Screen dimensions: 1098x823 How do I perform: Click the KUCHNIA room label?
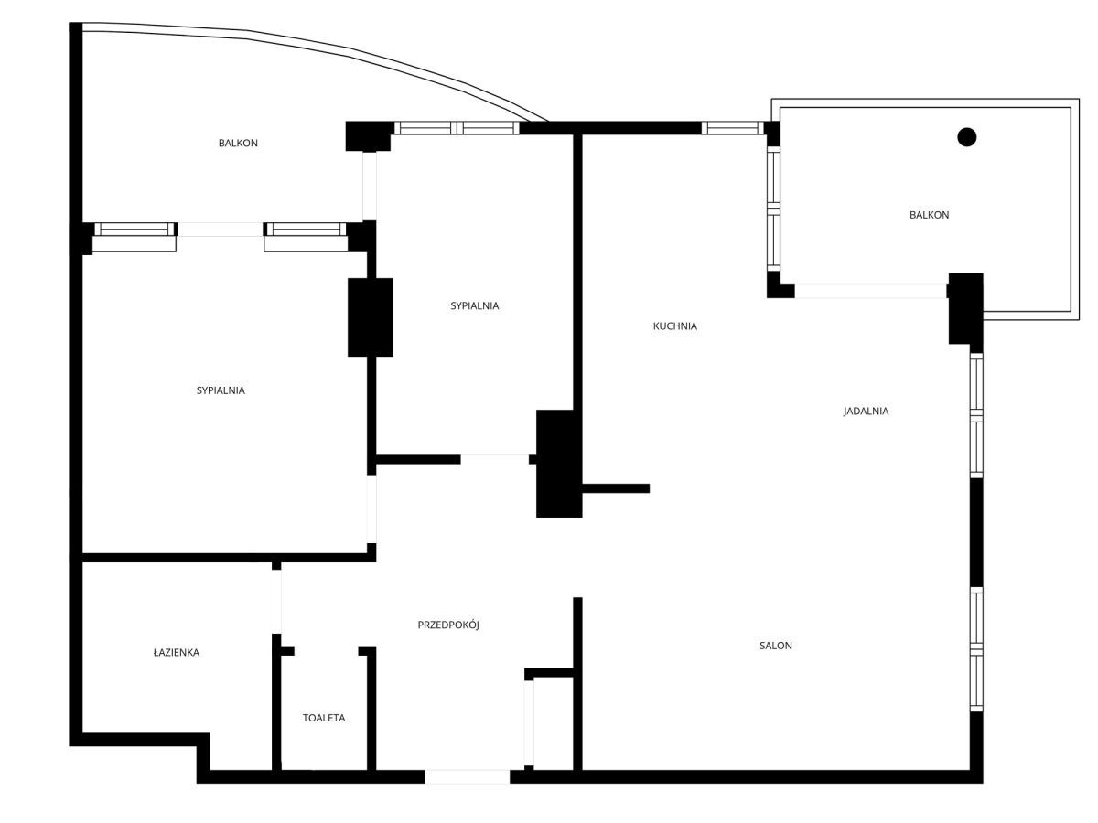674,326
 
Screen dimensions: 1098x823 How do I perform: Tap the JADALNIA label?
866,411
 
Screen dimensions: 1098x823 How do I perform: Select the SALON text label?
775,646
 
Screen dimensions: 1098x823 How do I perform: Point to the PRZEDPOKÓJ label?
448,625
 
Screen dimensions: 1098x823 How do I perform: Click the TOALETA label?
324,718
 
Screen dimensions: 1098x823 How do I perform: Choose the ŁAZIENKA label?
176,652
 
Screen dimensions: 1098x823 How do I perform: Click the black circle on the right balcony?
966,137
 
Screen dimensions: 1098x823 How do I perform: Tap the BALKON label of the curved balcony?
238,143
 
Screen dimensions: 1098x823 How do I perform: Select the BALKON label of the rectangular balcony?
929,215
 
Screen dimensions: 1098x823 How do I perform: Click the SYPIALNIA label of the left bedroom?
221,390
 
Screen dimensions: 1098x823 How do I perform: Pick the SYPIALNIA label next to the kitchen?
475,305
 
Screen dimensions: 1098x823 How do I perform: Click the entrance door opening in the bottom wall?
468,776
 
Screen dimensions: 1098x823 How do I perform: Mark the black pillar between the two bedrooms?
371,317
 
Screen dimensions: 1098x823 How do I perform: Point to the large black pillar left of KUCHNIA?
559,464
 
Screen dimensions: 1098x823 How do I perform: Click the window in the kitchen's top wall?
732,128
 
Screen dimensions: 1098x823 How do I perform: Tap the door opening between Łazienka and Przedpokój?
276,602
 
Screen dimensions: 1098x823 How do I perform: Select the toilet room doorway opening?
326,650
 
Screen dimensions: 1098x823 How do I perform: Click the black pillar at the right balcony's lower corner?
966,308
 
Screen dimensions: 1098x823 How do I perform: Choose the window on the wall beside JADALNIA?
976,415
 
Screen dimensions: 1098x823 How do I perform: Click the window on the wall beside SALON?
976,649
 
